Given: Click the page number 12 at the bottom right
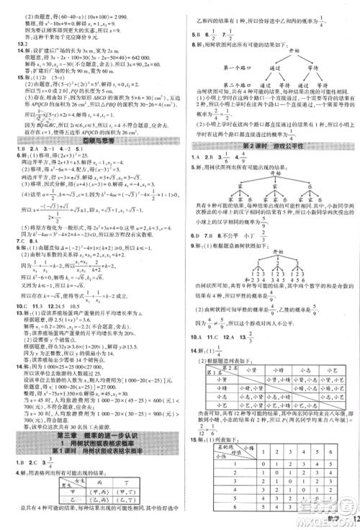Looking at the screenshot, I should tap(351, 521).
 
